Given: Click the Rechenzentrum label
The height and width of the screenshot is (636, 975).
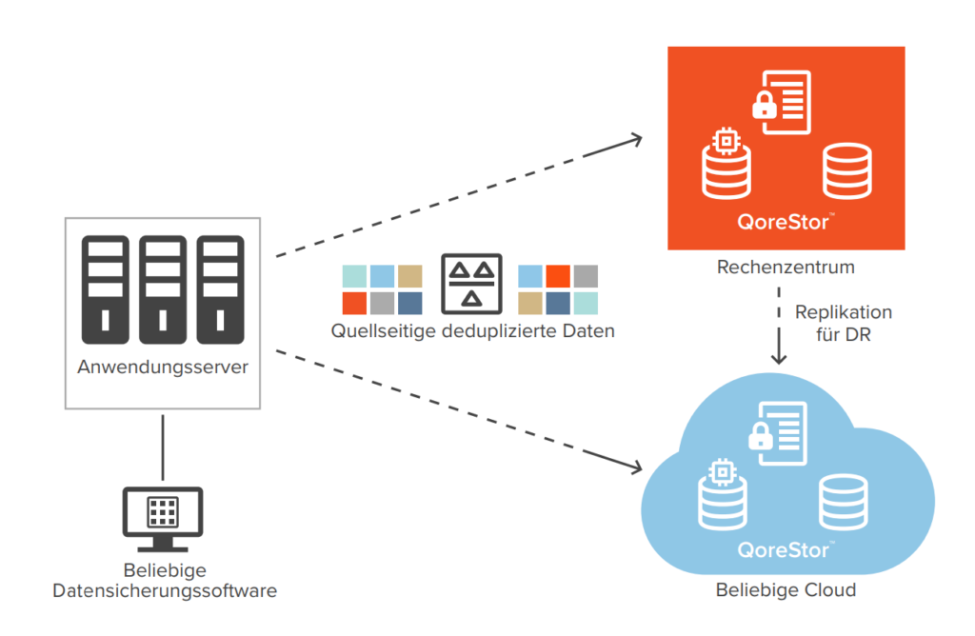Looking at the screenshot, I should [x=786, y=268].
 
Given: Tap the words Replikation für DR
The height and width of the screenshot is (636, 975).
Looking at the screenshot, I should [x=843, y=324].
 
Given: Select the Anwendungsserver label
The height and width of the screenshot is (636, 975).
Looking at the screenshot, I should [x=163, y=368].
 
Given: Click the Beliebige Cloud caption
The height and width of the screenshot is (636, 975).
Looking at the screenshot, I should [x=786, y=590].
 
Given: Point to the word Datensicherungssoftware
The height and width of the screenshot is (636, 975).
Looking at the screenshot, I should [x=165, y=591].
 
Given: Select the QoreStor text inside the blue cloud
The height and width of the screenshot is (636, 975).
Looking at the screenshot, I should [x=784, y=550].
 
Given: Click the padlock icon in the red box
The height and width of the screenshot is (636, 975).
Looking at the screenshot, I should [x=764, y=106].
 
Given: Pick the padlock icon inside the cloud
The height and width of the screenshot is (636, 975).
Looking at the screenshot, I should [x=760, y=436].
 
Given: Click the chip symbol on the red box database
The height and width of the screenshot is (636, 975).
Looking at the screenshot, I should [x=726, y=141].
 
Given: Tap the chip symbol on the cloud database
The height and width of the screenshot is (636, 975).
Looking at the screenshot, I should [x=723, y=471].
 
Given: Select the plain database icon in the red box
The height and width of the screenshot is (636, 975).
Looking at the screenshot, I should [x=847, y=169].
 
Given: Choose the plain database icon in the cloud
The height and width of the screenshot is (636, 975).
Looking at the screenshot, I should [x=844, y=502].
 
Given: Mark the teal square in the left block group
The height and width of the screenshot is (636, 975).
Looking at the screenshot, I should [x=354, y=276].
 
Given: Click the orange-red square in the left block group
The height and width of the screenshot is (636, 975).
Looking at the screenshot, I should [x=354, y=304].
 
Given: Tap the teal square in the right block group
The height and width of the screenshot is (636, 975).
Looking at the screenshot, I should [x=587, y=304].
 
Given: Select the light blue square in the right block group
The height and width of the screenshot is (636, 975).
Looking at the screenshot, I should [x=530, y=276].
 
